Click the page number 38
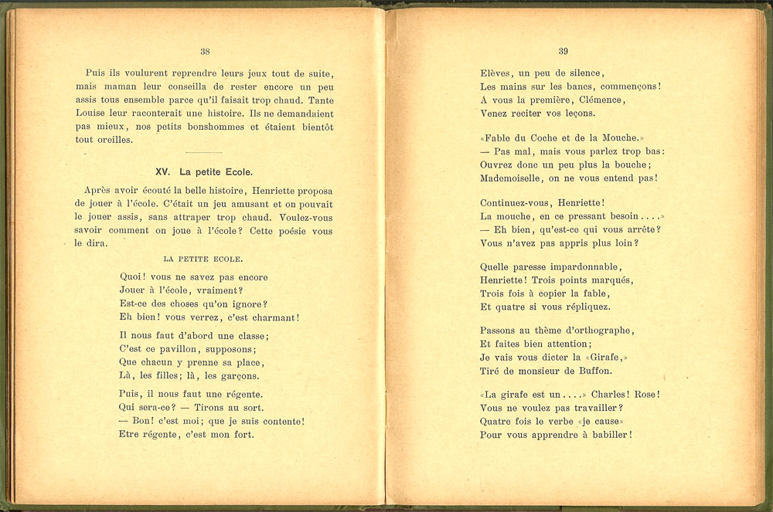pos(205,52)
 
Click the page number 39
pos(563,52)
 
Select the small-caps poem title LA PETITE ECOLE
pos(204,259)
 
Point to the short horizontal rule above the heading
pos(204,152)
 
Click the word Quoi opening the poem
pos(133,276)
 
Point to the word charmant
pos(271,317)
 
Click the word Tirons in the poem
pos(223,407)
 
